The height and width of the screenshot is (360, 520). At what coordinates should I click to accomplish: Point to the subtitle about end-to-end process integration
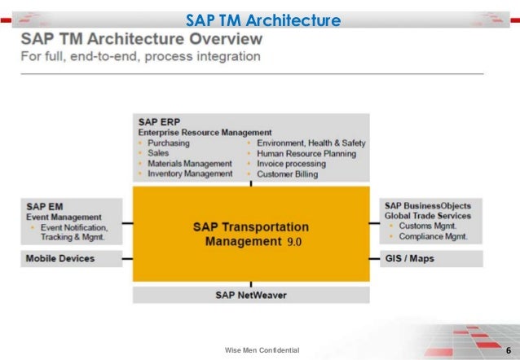[x=140, y=57]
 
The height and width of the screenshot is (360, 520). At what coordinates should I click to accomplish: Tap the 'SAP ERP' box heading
[x=156, y=121]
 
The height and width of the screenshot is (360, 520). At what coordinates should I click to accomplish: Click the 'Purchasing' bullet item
[x=170, y=143]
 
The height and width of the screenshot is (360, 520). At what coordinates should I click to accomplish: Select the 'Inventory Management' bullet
[x=189, y=173]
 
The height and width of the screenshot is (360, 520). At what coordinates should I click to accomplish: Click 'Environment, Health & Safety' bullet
[x=311, y=143]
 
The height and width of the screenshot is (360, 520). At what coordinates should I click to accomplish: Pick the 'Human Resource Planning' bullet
[x=306, y=153]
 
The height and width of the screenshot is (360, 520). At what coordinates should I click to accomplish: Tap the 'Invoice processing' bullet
[x=292, y=163]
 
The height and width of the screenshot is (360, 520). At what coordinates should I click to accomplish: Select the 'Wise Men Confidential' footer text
[x=262, y=350]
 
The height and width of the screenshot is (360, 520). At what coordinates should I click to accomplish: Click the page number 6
[x=509, y=350]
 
